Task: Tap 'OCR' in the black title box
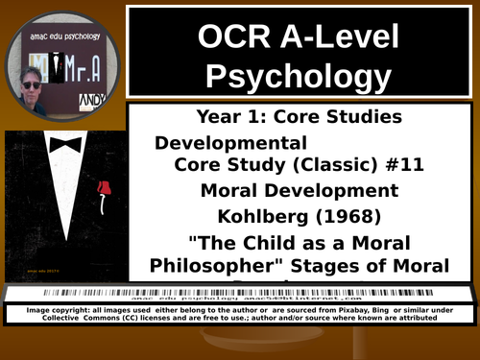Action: tap(232, 36)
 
